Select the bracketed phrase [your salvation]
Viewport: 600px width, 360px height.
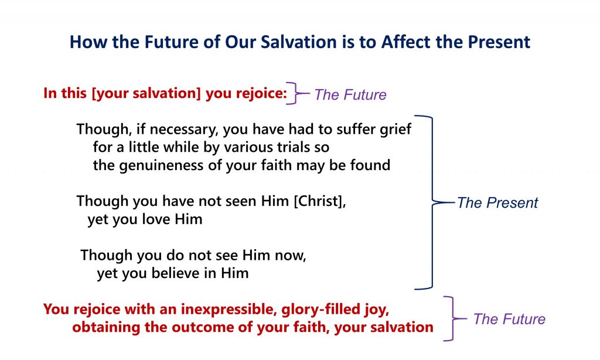pyautogui.click(x=146, y=93)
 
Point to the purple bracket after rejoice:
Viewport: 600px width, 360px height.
pyautogui.click(x=297, y=93)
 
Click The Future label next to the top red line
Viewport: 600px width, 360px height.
pyautogui.click(x=350, y=94)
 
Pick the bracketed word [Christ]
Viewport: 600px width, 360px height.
pyautogui.click(x=320, y=201)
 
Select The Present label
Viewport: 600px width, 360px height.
pyautogui.click(x=497, y=203)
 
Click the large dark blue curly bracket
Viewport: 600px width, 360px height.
pyautogui.click(x=433, y=202)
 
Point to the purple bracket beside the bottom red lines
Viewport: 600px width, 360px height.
pyautogui.click(x=454, y=318)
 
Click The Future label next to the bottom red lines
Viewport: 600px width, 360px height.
pyautogui.click(x=509, y=319)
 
